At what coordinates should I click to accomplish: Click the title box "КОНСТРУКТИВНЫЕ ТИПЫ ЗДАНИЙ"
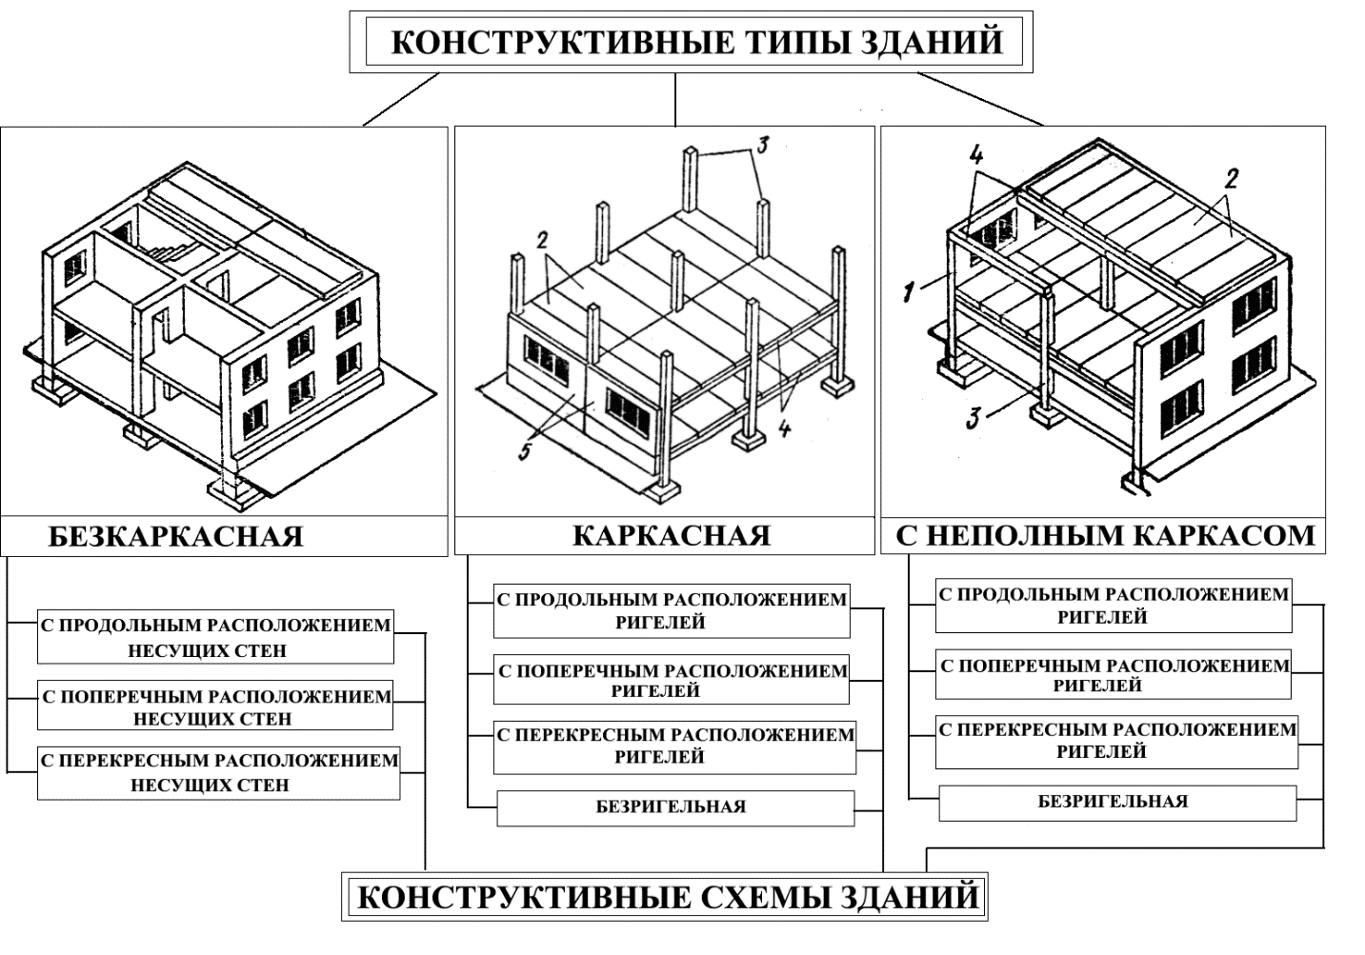[x=691, y=41]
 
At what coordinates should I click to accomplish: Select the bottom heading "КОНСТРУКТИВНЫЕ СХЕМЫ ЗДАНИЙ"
[x=665, y=897]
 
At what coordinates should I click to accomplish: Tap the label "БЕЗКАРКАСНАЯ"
[x=175, y=537]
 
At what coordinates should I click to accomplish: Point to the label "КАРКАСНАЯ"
[x=672, y=536]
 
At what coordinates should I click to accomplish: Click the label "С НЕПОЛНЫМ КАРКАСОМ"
[x=1105, y=535]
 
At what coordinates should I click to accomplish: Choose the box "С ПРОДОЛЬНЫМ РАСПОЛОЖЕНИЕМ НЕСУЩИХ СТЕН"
[x=215, y=636]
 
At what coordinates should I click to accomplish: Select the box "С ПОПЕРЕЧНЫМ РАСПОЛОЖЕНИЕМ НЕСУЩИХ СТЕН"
[x=215, y=706]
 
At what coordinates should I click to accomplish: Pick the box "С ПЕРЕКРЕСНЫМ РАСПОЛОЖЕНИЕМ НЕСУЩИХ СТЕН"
[x=219, y=773]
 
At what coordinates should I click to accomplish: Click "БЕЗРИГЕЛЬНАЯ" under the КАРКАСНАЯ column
[x=675, y=808]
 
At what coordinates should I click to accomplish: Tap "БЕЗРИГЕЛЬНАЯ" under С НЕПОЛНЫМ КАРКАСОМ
[x=1117, y=803]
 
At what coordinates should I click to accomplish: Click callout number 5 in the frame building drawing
[x=525, y=451]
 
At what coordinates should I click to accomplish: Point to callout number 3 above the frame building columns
[x=762, y=146]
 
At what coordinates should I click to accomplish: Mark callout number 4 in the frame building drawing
[x=785, y=428]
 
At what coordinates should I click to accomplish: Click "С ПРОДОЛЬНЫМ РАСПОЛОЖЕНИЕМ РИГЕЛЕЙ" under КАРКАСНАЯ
[x=672, y=611]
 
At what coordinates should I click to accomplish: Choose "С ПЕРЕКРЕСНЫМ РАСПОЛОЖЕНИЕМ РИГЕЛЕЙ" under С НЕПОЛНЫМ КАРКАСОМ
[x=1117, y=742]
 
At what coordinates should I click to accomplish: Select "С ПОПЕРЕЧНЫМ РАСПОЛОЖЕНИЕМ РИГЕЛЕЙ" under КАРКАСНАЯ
[x=672, y=680]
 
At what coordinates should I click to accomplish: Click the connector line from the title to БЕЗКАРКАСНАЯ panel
[x=401, y=99]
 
